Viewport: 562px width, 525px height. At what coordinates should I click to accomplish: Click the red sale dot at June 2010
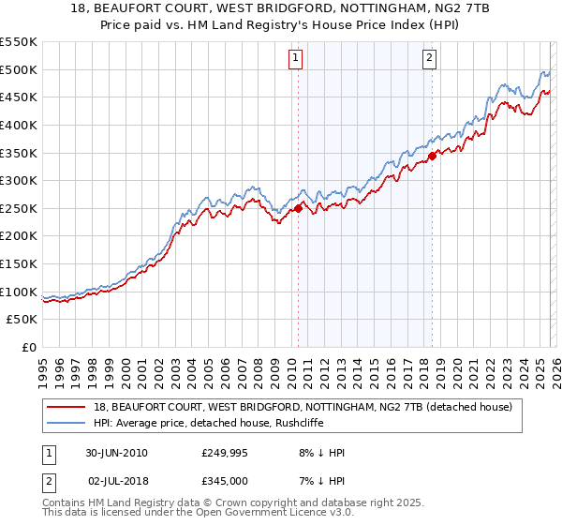pyautogui.click(x=299, y=208)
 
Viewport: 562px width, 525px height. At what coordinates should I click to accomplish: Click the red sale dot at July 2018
pyautogui.click(x=432, y=156)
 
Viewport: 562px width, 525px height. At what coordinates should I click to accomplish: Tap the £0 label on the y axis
pyautogui.click(x=28, y=348)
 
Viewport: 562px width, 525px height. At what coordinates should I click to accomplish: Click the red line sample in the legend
pyautogui.click(x=68, y=408)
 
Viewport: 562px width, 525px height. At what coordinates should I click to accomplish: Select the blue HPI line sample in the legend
pyautogui.click(x=68, y=423)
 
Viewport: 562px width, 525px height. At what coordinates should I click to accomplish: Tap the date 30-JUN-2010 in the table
pyautogui.click(x=117, y=453)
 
